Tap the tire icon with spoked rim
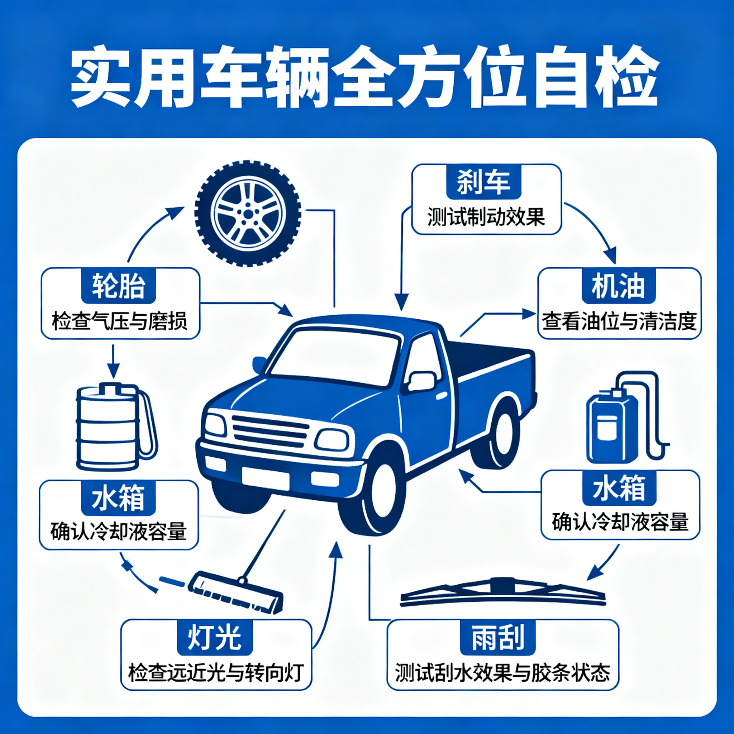pyautogui.click(x=248, y=213)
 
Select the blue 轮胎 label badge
pyautogui.click(x=119, y=286)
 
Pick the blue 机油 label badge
pyautogui.click(x=619, y=286)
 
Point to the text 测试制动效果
pyautogui.click(x=486, y=217)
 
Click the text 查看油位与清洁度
pyautogui.click(x=619, y=321)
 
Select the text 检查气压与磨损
pyautogui.click(x=120, y=321)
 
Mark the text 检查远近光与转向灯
pyautogui.click(x=216, y=672)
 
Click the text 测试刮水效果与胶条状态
pyautogui.click(x=502, y=672)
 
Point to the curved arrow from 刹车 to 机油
pyautogui.click(x=597, y=226)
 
